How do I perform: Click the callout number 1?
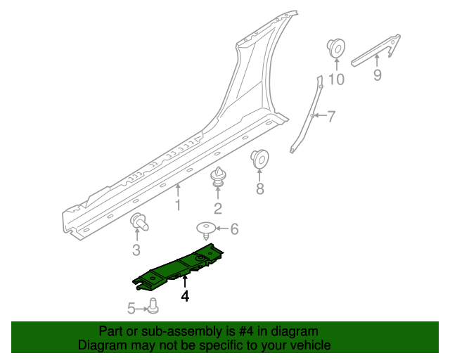178,205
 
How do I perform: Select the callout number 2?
218,208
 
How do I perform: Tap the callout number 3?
136,250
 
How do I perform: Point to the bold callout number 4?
185,297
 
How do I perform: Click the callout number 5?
131,307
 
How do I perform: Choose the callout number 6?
235,229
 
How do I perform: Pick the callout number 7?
331,116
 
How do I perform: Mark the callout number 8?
259,188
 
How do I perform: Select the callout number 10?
337,79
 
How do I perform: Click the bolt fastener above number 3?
139,221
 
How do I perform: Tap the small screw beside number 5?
153,305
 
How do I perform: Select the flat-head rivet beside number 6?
205,229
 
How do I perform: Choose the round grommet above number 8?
260,160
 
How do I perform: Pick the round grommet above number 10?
336,49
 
